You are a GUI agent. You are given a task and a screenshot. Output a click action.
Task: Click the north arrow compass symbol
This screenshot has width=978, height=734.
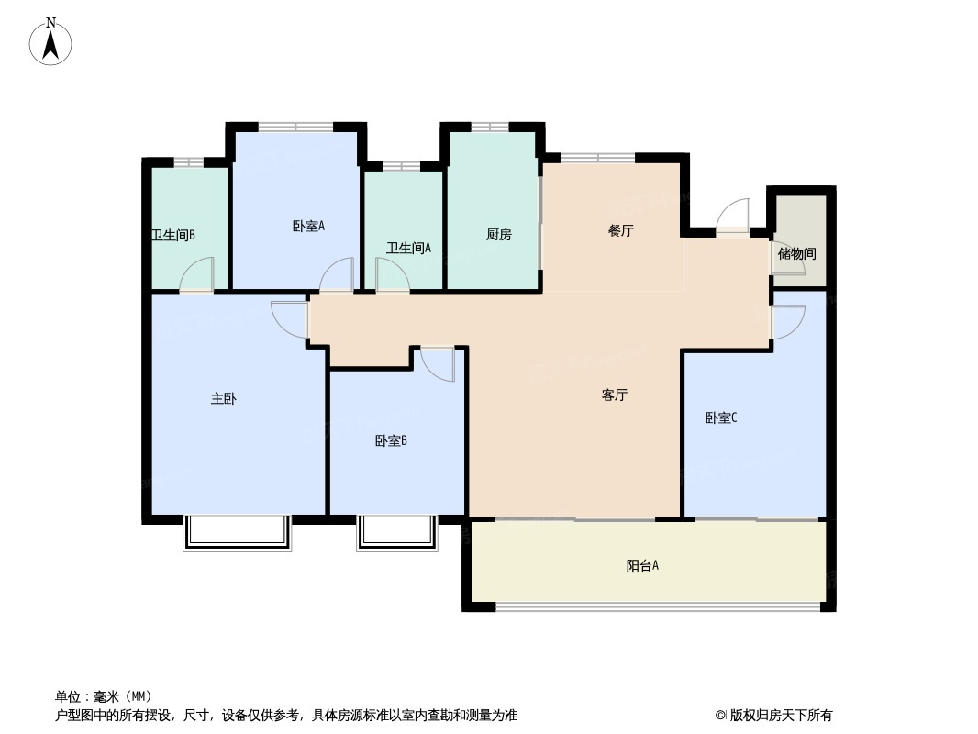tap(50, 42)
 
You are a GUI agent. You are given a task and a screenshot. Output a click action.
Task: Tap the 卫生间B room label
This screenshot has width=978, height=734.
tap(173, 235)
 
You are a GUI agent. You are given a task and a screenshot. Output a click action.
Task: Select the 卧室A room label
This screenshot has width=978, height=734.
tap(309, 226)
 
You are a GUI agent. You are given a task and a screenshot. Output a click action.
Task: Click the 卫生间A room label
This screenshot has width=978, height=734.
tap(408, 249)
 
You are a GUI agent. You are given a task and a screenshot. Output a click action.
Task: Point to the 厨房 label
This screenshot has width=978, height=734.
tap(499, 234)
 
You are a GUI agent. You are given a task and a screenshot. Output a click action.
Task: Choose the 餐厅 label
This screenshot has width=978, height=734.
tap(620, 230)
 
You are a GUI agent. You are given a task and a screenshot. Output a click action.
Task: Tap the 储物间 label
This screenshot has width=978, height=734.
tap(796, 254)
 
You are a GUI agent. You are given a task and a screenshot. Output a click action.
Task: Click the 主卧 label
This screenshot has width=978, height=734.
tap(223, 398)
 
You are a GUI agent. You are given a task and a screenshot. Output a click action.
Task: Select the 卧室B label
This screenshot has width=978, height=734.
tap(391, 441)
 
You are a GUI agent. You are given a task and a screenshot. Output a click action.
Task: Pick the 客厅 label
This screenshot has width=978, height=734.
tap(615, 395)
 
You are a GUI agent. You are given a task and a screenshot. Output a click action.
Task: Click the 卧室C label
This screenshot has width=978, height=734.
tap(721, 417)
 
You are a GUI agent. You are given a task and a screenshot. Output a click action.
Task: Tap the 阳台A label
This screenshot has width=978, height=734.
tap(642, 565)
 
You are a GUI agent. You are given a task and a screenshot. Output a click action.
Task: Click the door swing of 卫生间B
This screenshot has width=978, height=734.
tap(197, 274)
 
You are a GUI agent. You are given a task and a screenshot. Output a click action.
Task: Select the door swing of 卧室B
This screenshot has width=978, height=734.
tap(438, 364)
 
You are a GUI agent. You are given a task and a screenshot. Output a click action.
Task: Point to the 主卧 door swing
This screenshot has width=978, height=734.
tap(289, 320)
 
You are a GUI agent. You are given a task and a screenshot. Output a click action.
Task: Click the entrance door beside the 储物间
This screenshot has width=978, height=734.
tap(733, 217)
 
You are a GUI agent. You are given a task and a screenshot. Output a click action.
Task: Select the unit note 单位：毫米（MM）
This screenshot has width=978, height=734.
tap(104, 696)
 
